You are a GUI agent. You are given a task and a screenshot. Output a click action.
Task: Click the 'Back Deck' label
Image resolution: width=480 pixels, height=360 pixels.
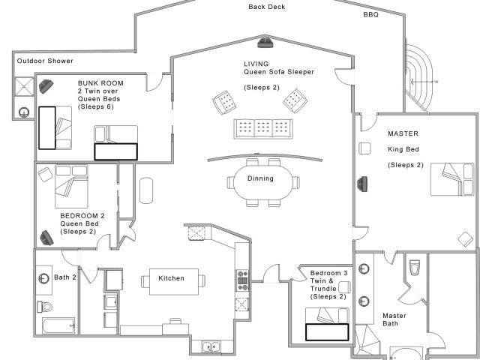tap(267, 7)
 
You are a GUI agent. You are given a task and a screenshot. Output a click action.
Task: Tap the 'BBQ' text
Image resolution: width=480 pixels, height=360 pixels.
tap(370, 14)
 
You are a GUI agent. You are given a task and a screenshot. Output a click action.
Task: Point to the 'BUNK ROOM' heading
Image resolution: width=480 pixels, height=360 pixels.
tap(100, 82)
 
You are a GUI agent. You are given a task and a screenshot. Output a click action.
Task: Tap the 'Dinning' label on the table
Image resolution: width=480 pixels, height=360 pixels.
tap(260, 178)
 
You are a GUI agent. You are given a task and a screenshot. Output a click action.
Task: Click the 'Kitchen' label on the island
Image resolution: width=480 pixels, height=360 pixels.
tap(171, 278)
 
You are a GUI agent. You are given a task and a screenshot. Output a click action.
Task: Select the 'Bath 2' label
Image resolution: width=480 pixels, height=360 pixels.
tap(64, 277)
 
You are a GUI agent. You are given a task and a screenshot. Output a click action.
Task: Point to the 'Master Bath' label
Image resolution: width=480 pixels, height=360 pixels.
tap(394, 320)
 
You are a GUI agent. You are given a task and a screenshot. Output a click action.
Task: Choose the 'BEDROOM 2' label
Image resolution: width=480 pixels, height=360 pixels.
tap(81, 215)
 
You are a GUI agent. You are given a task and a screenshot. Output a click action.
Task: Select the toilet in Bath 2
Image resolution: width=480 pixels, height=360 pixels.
tap(46, 305)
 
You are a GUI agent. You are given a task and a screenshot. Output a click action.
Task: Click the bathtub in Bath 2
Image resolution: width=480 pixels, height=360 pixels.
tap(58, 326)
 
